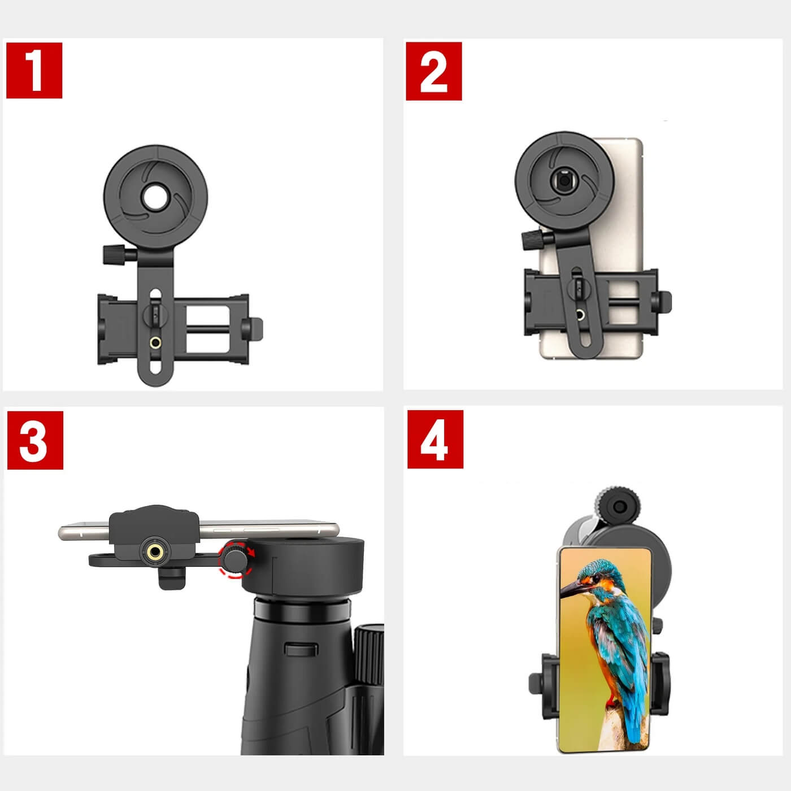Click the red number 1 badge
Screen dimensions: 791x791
pyautogui.click(x=34, y=70)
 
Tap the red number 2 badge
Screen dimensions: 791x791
pyautogui.click(x=434, y=71)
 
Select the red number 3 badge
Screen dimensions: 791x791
pyautogui.click(x=35, y=440)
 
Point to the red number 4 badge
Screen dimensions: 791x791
pyautogui.click(x=435, y=439)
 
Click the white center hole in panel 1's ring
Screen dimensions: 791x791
pyautogui.click(x=155, y=197)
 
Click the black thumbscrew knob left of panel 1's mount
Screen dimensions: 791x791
pyautogui.click(x=114, y=254)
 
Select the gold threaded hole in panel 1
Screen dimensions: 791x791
pyautogui.click(x=155, y=342)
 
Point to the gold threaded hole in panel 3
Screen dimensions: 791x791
pyautogui.click(x=154, y=551)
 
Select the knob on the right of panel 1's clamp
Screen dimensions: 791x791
pyautogui.click(x=253, y=329)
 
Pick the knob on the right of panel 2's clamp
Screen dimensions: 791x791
pyautogui.click(x=662, y=302)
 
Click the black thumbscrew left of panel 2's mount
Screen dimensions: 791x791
pyautogui.click(x=532, y=240)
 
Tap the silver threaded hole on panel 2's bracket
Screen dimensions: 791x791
pyautogui.click(x=580, y=315)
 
